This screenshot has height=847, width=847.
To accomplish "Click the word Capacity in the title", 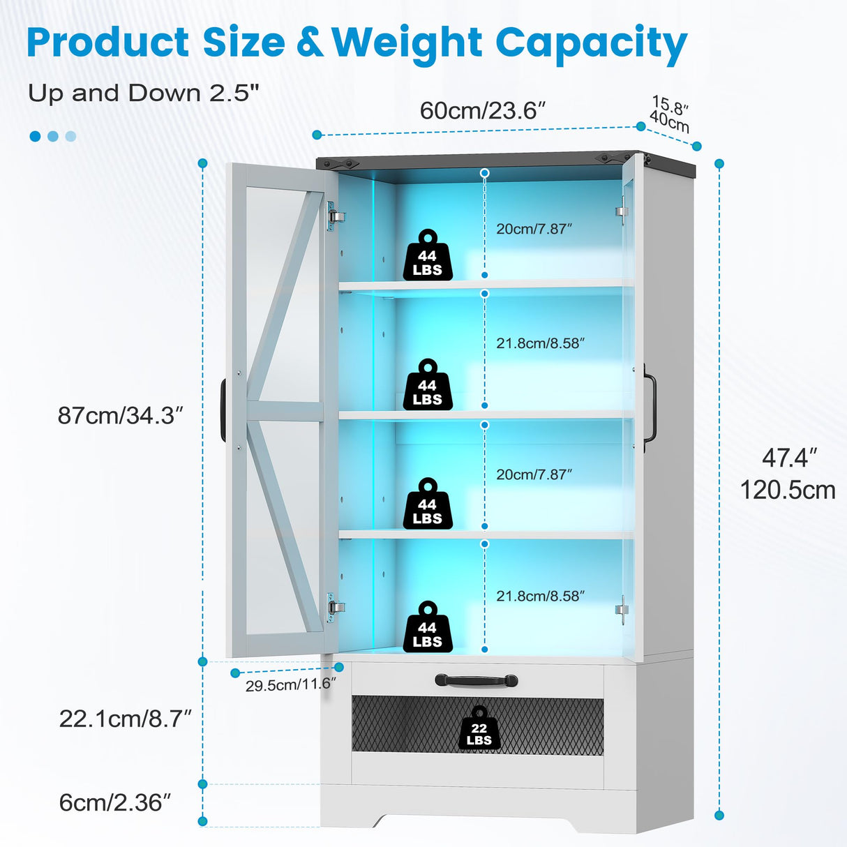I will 591,43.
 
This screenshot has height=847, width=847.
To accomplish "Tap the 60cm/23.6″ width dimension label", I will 482,110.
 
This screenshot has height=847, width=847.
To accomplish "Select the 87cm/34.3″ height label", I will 120,415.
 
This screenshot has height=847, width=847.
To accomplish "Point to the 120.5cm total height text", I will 788,490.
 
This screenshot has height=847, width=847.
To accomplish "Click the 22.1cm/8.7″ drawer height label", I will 125,719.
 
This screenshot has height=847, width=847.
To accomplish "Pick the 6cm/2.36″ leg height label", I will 115,802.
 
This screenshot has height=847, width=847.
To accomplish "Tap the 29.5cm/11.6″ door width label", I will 290,684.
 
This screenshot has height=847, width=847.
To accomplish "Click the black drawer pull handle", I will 476,680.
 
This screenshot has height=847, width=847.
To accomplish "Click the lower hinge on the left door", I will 335,606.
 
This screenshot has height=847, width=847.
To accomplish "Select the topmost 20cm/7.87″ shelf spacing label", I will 534,229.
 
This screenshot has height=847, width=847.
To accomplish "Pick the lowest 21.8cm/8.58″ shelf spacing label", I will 540,596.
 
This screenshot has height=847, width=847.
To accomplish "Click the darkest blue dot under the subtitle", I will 36,136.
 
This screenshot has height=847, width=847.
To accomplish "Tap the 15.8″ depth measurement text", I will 670,106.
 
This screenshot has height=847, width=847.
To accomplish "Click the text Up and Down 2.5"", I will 144,93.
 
